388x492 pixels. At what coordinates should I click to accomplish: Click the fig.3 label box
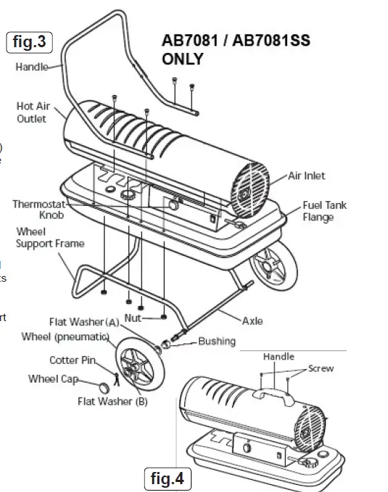pos(29,42)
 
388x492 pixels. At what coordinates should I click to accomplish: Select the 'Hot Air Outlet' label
pos(31,112)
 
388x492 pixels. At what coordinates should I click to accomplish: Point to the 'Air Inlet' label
pos(307,175)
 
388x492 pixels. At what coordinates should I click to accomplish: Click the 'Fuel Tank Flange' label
pos(324,210)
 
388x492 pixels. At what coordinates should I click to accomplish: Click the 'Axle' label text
pos(252,321)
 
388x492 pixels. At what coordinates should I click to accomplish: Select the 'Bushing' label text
pos(217,341)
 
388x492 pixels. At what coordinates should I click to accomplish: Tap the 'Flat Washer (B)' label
pos(112,401)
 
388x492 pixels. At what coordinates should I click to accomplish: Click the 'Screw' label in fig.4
pos(320,369)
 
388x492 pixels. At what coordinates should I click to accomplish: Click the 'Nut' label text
pos(133,317)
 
